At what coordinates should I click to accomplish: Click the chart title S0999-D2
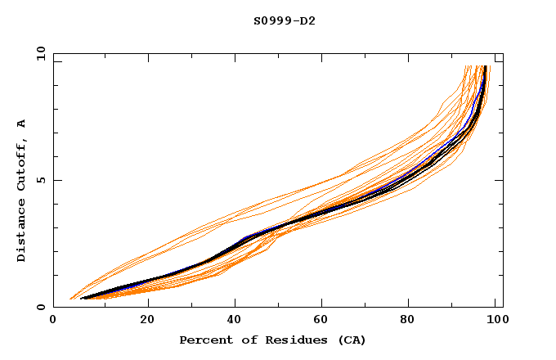click(285, 20)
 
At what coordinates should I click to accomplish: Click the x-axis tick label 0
click(53, 320)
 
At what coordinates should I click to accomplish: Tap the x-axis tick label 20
click(147, 320)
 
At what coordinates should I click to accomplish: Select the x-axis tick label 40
click(235, 320)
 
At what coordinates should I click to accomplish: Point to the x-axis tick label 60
click(324, 320)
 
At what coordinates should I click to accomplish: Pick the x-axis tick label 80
click(412, 320)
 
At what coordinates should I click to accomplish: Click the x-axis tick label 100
click(496, 320)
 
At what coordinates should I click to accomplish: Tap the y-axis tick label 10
click(40, 54)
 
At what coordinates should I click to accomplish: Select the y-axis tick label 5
click(43, 180)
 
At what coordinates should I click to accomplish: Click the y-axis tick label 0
click(43, 307)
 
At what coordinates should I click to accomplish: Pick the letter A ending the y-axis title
click(22, 124)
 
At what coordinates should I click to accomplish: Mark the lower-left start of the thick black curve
click(82, 299)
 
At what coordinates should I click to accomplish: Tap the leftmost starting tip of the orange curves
click(70, 299)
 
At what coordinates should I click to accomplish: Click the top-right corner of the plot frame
click(503, 53)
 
